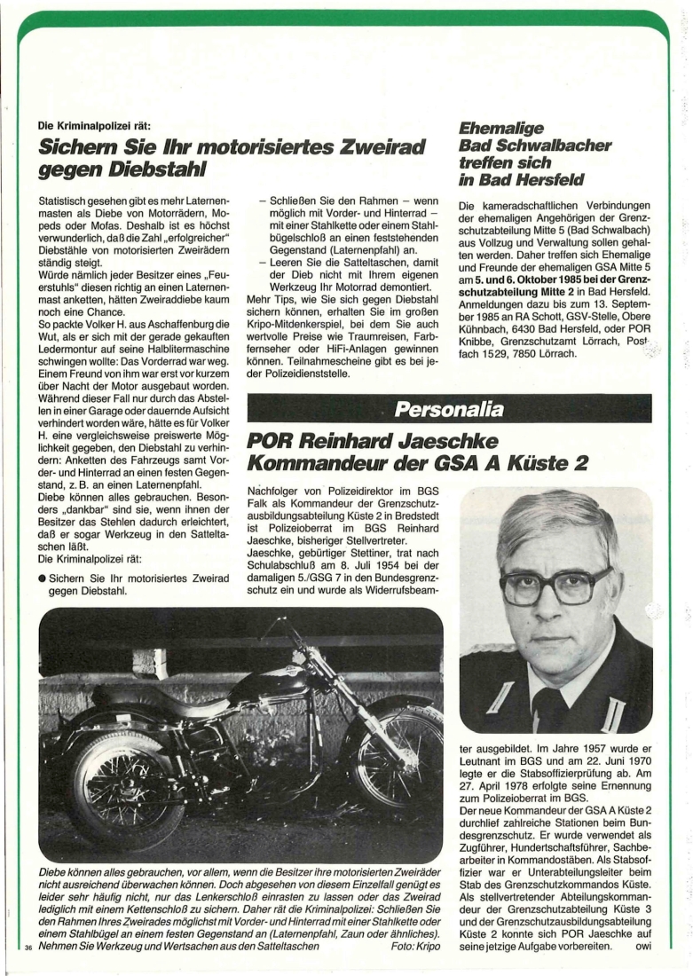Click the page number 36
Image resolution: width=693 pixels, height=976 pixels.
point(28,950)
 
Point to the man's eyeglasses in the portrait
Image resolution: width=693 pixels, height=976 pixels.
point(555,585)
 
